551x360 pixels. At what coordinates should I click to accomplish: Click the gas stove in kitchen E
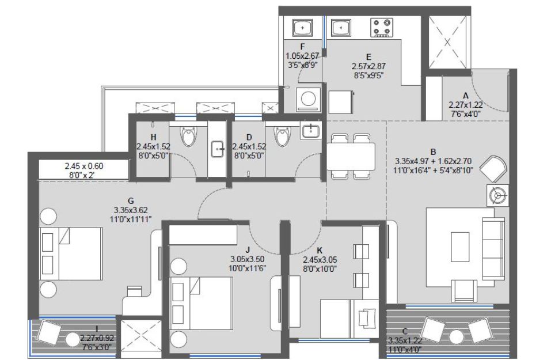tap(382, 28)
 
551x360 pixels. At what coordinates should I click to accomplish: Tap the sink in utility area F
tap(302, 27)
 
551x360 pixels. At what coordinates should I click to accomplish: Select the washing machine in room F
tap(308, 100)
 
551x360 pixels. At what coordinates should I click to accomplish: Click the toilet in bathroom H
tap(188, 137)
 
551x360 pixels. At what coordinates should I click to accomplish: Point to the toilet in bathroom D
tap(282, 137)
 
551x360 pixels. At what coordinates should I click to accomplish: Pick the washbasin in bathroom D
tap(311, 130)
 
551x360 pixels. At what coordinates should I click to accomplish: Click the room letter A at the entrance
tap(466, 96)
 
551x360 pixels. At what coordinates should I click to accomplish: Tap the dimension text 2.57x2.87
tap(368, 66)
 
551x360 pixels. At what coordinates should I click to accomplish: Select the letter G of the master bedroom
tap(131, 201)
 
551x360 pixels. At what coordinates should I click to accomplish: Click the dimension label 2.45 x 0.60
tap(84, 166)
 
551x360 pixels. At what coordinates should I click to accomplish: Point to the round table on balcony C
tap(457, 338)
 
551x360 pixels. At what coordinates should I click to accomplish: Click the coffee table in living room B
tap(460, 247)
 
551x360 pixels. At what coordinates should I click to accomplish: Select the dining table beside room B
tap(351, 157)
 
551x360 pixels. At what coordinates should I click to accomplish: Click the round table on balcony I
tap(73, 340)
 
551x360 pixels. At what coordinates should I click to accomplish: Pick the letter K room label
tap(320, 251)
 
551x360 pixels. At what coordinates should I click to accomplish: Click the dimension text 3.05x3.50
tap(248, 259)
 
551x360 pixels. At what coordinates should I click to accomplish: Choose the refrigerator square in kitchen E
tap(341, 102)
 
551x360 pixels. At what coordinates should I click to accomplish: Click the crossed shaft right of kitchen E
tap(447, 42)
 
